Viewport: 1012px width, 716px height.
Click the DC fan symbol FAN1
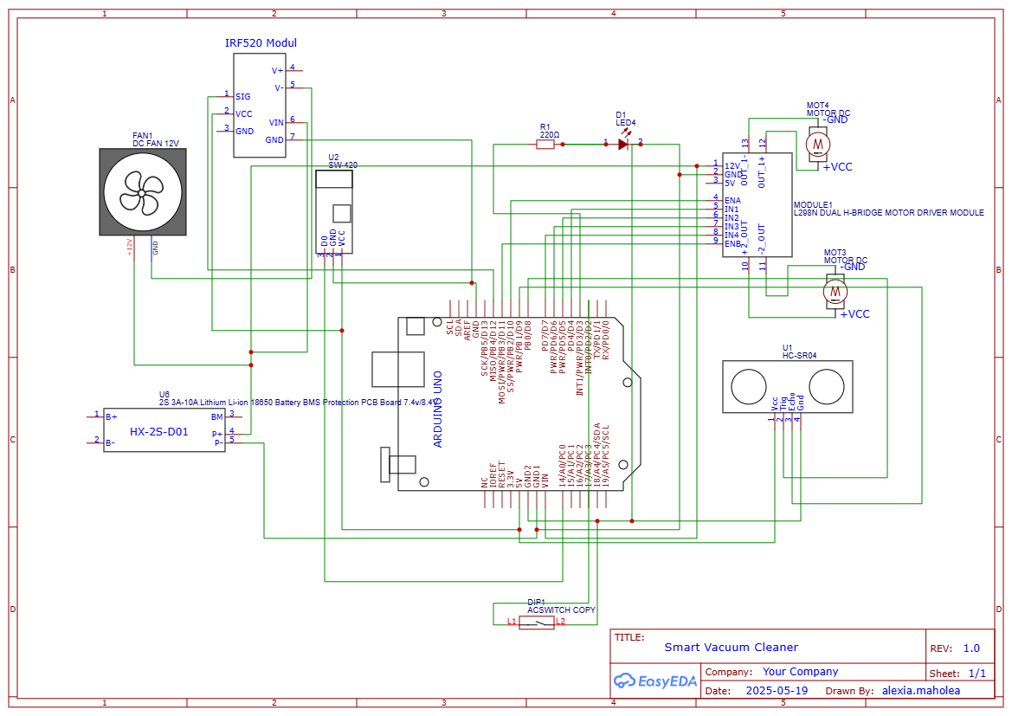coord(143,191)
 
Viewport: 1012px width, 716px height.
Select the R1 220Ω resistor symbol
coord(545,145)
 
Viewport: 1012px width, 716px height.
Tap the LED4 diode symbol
coord(623,144)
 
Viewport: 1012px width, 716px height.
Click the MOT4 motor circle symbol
coord(816,143)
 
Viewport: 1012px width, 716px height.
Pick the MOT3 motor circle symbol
coord(835,292)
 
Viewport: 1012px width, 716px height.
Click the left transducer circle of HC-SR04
coord(748,387)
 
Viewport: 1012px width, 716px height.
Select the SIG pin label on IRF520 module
coord(243,97)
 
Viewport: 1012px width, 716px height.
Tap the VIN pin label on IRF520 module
coord(276,123)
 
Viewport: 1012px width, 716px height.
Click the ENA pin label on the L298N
coord(732,200)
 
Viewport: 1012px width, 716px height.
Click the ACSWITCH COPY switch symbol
coord(537,622)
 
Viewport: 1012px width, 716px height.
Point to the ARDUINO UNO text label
coord(438,409)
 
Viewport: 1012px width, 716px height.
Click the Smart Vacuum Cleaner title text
coord(731,647)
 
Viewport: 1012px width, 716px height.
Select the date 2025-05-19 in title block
coord(777,691)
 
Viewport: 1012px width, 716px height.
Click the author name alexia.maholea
coord(920,691)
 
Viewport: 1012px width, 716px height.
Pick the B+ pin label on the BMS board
coord(111,416)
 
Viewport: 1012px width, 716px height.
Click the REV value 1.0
coord(971,648)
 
